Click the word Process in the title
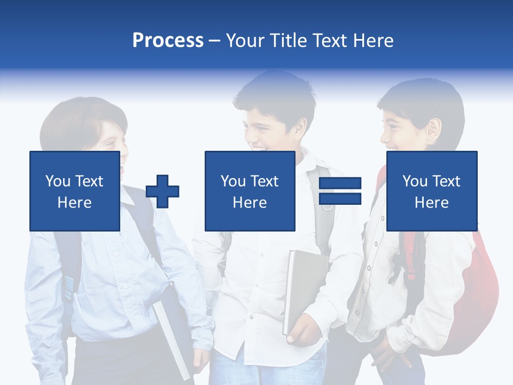tap(168, 40)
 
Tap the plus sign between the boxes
tap(162, 191)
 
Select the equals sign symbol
tap(340, 191)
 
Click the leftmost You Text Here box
tap(75, 191)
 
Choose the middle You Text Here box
tap(250, 191)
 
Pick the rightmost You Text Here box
tap(431, 191)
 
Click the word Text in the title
tap(327, 41)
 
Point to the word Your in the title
tap(245, 41)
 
